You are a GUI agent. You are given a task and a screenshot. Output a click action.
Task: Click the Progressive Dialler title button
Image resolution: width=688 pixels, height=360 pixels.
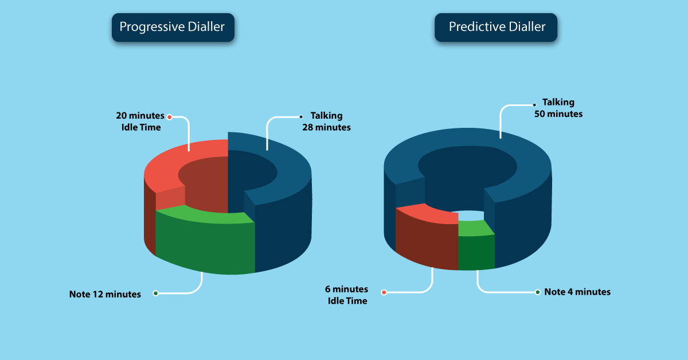pyautogui.click(x=173, y=28)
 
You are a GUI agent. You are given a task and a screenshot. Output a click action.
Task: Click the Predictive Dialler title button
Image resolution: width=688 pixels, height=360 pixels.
pyautogui.click(x=496, y=28)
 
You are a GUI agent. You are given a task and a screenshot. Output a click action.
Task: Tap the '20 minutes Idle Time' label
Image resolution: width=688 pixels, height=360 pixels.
pyautogui.click(x=140, y=122)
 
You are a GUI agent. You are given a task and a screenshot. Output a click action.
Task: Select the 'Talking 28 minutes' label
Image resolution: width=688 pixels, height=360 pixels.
pyautogui.click(x=326, y=122)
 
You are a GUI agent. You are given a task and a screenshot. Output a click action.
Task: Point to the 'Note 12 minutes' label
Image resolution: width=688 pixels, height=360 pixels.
pyautogui.click(x=105, y=294)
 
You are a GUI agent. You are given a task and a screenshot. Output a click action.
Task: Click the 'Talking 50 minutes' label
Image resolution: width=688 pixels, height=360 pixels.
pyautogui.click(x=558, y=108)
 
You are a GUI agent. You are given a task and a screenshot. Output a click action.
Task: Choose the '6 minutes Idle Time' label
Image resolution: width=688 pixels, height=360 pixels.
pyautogui.click(x=347, y=295)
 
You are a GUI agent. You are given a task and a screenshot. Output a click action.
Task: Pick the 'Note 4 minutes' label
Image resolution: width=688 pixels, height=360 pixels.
pyautogui.click(x=577, y=292)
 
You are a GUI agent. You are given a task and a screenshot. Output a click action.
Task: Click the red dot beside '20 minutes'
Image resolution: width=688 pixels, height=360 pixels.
pyautogui.click(x=169, y=117)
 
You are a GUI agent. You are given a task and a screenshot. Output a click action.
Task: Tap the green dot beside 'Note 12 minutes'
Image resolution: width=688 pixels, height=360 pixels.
pyautogui.click(x=156, y=294)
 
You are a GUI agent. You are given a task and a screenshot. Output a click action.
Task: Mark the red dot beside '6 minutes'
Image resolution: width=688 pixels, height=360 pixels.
pyautogui.click(x=384, y=292)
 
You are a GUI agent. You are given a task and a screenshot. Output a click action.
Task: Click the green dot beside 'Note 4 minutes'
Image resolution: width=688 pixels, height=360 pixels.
pyautogui.click(x=538, y=292)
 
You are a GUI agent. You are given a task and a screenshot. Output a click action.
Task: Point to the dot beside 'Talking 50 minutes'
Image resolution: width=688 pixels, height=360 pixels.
pyautogui.click(x=534, y=105)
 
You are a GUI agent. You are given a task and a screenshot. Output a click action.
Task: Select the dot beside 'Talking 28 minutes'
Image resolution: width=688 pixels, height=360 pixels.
pyautogui.click(x=301, y=117)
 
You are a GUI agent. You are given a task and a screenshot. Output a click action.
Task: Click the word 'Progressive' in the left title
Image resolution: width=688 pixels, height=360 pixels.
pyautogui.click(x=152, y=28)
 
